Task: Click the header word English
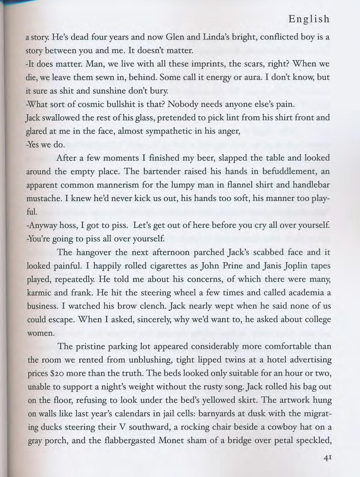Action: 309,19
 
